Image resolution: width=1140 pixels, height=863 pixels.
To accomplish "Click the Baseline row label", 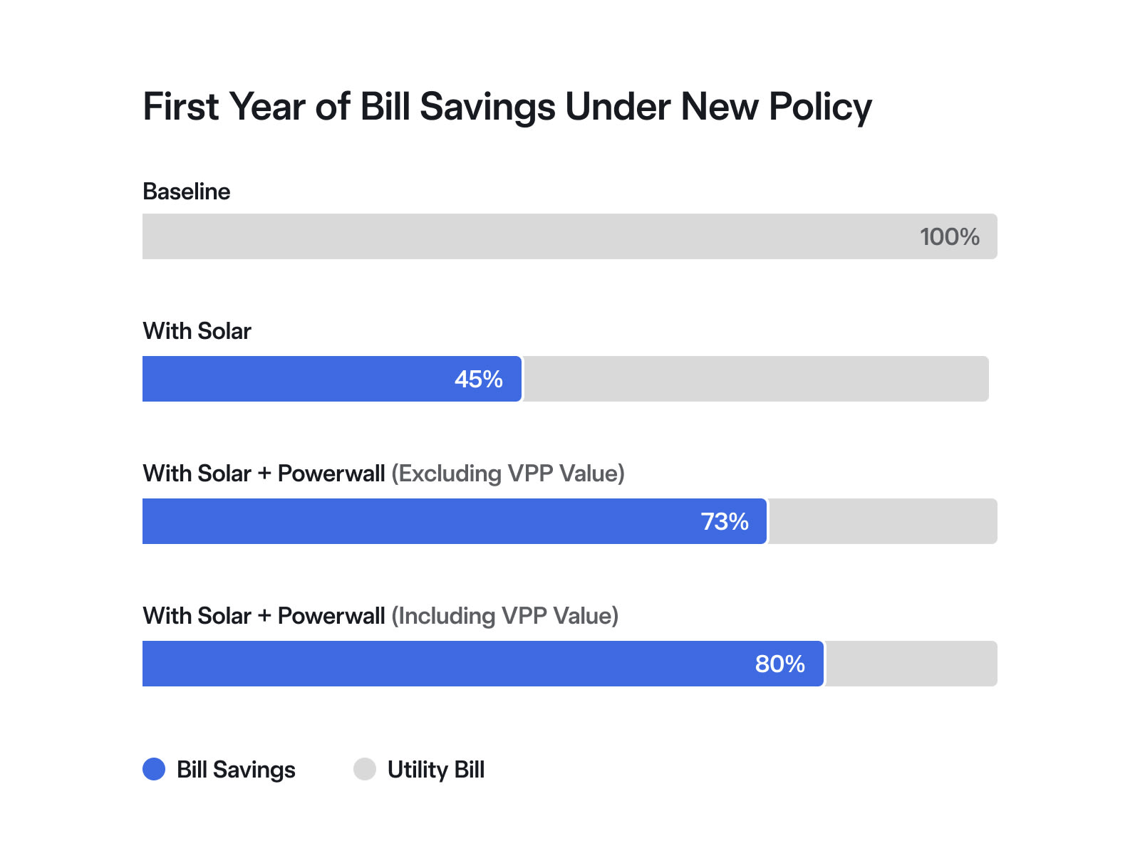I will click(186, 192).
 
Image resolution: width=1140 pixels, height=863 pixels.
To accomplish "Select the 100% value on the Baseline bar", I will click(949, 237).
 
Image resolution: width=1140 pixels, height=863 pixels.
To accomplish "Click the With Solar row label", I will click(197, 331).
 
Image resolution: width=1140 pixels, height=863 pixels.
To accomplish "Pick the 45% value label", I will click(478, 380).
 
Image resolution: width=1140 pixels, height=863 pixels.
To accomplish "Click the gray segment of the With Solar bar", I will click(755, 379).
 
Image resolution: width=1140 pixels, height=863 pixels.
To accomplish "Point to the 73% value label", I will click(724, 522).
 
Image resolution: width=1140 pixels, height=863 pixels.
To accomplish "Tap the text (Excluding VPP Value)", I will click(508, 474).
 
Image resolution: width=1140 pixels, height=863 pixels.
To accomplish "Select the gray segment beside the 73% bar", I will click(882, 521).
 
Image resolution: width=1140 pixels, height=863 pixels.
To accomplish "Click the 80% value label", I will click(779, 664).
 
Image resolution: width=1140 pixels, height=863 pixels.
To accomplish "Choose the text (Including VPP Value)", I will click(505, 616).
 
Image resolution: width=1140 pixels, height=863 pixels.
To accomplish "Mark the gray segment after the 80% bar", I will click(911, 664).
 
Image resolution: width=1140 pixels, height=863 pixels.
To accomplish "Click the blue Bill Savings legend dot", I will click(154, 769).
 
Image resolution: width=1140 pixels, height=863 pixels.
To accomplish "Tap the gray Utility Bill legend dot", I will click(365, 769).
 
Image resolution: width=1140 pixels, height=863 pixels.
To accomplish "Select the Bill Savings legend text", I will click(236, 770).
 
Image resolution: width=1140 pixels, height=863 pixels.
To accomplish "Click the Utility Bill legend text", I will click(435, 770).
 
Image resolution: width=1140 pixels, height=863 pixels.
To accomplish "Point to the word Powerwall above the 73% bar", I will click(331, 474).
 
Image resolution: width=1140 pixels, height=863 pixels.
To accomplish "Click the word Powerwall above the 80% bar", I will click(331, 616).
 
